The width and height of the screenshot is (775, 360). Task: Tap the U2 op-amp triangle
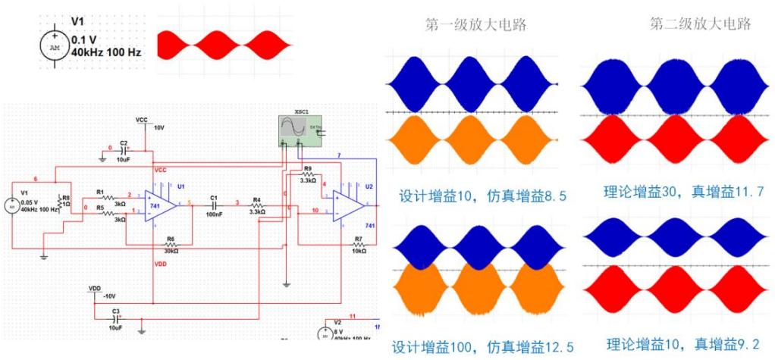pos(350,204)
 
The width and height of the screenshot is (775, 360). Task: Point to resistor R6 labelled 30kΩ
pos(171,246)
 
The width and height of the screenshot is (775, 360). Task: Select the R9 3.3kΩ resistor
pos(308,175)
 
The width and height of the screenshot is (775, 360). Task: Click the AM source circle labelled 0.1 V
pos(53,45)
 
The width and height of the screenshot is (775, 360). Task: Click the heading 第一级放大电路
pos(475,25)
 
